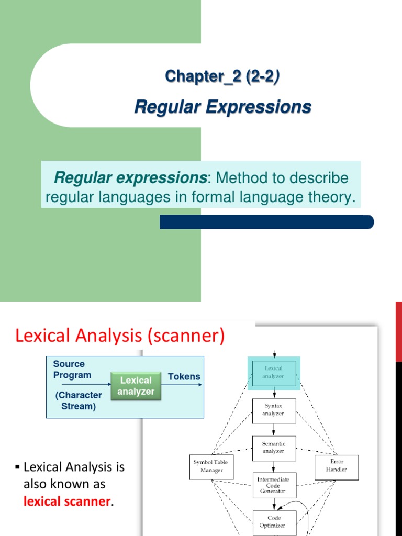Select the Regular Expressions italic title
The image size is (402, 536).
[x=222, y=107]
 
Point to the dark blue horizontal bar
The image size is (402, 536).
[x=266, y=222]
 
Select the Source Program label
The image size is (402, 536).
[x=72, y=369]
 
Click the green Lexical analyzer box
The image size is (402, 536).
[x=136, y=386]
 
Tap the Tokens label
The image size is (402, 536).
[x=184, y=377]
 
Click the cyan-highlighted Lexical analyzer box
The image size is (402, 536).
[x=274, y=372]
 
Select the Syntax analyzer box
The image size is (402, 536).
[x=274, y=409]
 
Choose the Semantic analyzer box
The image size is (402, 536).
[x=274, y=446]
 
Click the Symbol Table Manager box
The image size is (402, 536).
[x=211, y=467]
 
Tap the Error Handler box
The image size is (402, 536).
[x=336, y=466]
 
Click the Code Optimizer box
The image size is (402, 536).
[x=274, y=522]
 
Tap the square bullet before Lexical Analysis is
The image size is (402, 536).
[x=18, y=466]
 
